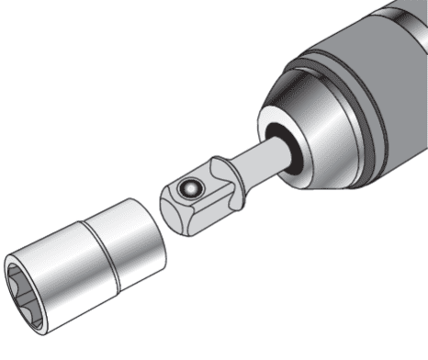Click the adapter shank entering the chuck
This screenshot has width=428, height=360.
tap(256, 160)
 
